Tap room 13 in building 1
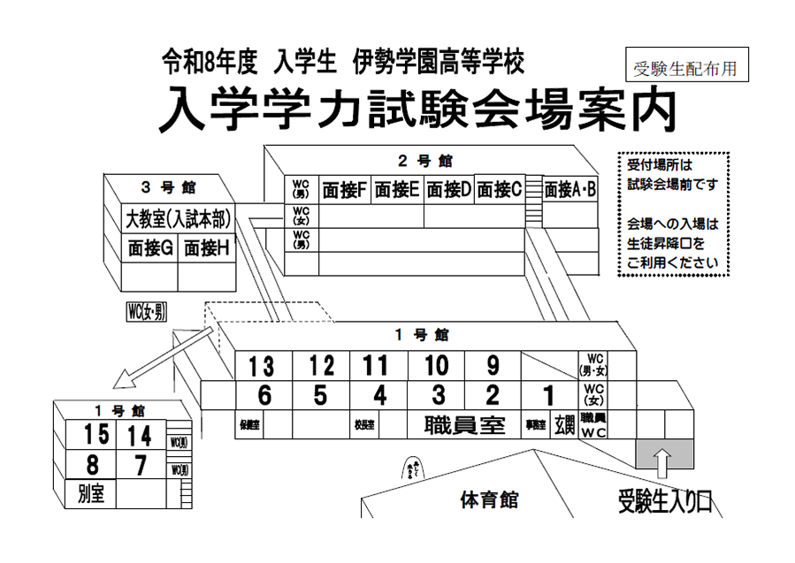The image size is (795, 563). pyautogui.click(x=262, y=365)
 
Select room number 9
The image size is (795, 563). pyautogui.click(x=493, y=365)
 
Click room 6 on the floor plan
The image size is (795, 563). pyautogui.click(x=263, y=394)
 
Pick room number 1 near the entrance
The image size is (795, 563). pyautogui.click(x=548, y=395)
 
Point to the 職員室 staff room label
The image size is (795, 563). pyautogui.click(x=464, y=425)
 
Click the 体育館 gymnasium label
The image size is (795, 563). pyautogui.click(x=488, y=500)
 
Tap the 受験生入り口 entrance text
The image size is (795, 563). pyautogui.click(x=664, y=502)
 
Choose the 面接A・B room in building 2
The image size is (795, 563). pyautogui.click(x=570, y=189)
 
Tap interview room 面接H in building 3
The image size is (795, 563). pyautogui.click(x=206, y=248)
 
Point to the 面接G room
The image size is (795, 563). pyautogui.click(x=149, y=248)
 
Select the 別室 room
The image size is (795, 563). pyautogui.click(x=91, y=493)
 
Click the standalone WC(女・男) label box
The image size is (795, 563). pyautogui.click(x=147, y=310)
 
